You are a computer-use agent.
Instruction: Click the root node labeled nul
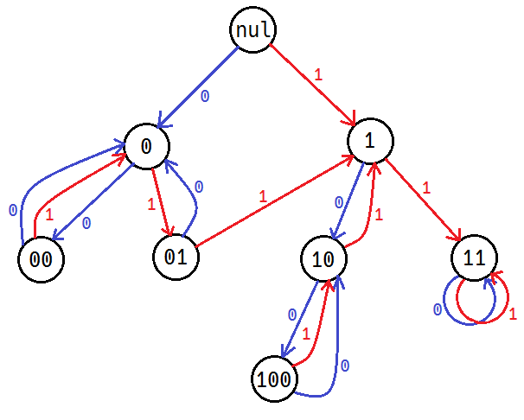pyautogui.click(x=254, y=31)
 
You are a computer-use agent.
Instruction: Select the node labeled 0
pyautogui.click(x=146, y=146)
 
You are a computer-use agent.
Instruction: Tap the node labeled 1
pyautogui.click(x=370, y=142)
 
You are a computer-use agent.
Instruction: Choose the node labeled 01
pyautogui.click(x=176, y=257)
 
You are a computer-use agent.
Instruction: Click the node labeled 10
pyautogui.click(x=323, y=258)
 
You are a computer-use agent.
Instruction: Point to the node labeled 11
pyautogui.click(x=475, y=258)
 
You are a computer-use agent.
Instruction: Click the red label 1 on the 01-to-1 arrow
pyautogui.click(x=263, y=196)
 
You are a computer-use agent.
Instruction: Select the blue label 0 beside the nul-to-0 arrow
pyautogui.click(x=204, y=97)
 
